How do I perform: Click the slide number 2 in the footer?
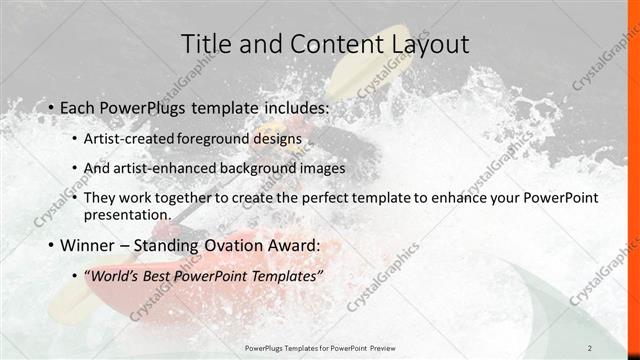[x=618, y=348]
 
